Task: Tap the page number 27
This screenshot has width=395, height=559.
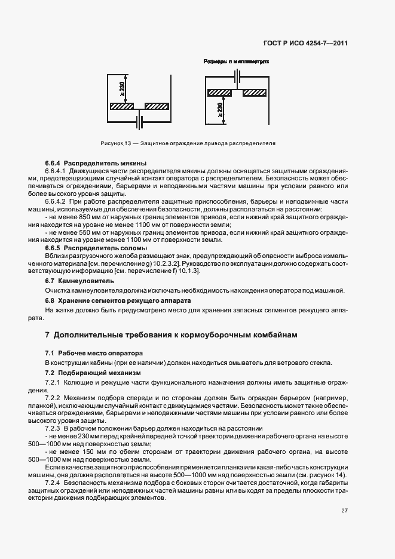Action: [x=345, y=527]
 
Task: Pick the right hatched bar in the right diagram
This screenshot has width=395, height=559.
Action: [x=255, y=93]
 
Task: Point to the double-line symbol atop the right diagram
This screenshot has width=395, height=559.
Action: [x=237, y=77]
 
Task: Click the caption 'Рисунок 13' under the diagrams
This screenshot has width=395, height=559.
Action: [x=115, y=143]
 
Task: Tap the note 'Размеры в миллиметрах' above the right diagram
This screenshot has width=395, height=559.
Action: [x=237, y=61]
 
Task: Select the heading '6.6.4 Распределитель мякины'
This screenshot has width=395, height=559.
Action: [x=96, y=163]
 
